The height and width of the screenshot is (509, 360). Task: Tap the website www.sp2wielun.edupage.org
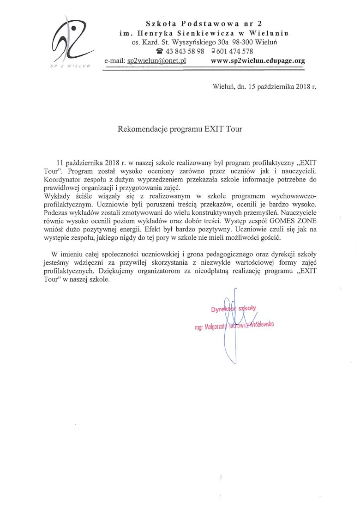coord(258,61)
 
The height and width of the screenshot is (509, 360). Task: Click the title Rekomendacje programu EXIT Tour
coord(180,130)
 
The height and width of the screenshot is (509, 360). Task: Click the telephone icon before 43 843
coord(160,51)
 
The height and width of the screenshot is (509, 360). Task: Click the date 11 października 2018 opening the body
coord(89,164)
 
